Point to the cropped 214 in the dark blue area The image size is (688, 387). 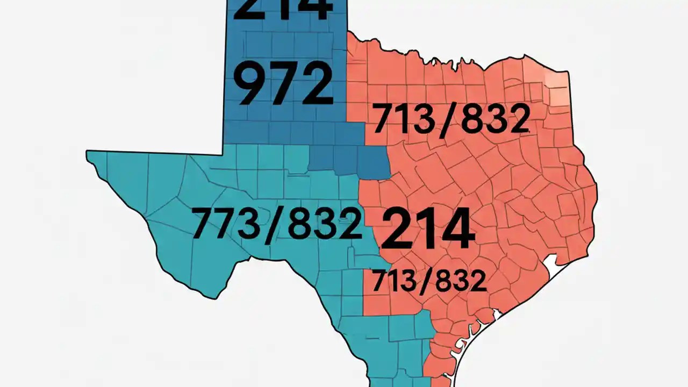[281, 9]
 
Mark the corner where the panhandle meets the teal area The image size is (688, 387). [223, 154]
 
